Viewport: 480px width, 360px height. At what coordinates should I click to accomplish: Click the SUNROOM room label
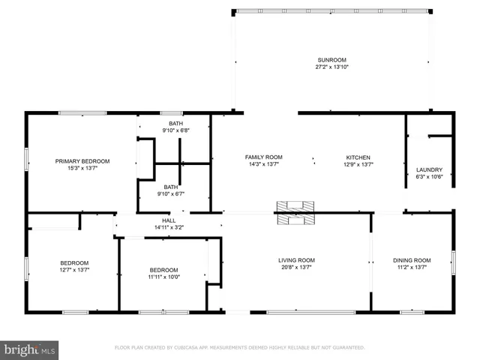click(x=331, y=59)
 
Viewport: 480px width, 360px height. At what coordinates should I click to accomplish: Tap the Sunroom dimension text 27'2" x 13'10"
click(x=331, y=67)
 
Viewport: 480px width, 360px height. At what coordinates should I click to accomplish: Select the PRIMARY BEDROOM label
click(x=82, y=161)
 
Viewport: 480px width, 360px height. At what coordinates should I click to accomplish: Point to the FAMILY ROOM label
click(x=263, y=157)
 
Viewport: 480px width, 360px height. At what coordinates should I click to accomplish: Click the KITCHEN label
click(x=358, y=157)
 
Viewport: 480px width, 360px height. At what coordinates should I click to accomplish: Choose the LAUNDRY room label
click(x=429, y=169)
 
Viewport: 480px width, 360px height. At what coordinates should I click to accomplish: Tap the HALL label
click(x=169, y=220)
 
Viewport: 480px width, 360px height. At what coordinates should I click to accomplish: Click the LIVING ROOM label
click(x=296, y=260)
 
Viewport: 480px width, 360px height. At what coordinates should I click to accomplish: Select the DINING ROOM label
click(x=412, y=260)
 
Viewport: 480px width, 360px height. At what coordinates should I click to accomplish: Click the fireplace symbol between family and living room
click(x=297, y=212)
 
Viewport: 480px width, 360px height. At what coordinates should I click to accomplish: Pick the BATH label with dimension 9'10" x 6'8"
click(x=175, y=124)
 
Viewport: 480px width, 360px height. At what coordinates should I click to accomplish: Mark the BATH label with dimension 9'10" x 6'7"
click(x=171, y=187)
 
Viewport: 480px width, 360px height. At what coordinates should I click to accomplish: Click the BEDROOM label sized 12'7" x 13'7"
click(x=74, y=262)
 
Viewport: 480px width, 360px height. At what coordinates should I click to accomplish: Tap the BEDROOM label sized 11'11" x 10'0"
click(x=163, y=270)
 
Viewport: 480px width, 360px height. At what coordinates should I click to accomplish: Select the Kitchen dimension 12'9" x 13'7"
click(x=358, y=164)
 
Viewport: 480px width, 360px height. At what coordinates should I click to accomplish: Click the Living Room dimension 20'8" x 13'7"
click(x=296, y=268)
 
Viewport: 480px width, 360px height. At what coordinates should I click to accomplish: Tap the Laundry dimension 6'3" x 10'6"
click(x=429, y=177)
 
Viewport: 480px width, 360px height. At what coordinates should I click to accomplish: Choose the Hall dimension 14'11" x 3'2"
click(x=169, y=227)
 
